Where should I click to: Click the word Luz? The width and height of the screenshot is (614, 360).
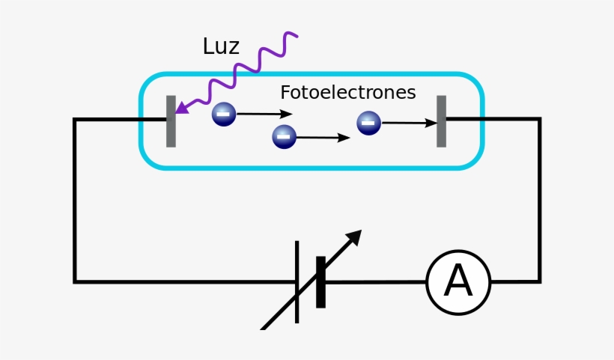coord(221,46)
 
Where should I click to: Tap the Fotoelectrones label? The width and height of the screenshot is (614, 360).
coord(347,93)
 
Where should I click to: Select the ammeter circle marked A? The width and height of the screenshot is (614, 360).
coord(458,282)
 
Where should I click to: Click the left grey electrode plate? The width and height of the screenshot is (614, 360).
coord(171,121)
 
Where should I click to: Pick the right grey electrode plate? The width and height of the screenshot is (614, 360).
coord(442,121)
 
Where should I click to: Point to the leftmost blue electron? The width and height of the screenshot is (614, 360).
coord(223,114)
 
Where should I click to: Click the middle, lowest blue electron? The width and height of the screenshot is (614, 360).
coord(284,137)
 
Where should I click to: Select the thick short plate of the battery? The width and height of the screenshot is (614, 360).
coord(320,281)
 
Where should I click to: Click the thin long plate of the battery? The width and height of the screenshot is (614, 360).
coord(297,281)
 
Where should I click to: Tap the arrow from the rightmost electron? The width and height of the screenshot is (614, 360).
coord(409,123)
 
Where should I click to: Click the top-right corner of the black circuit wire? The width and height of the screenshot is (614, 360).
coord(539,119)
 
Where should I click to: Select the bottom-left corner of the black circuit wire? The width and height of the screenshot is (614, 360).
coord(75,281)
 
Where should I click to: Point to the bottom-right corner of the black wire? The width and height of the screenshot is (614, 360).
coord(539,281)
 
